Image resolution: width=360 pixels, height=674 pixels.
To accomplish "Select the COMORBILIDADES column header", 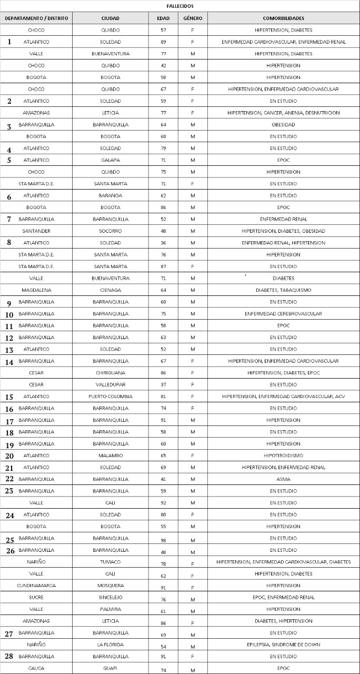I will pyautogui.click(x=283, y=18).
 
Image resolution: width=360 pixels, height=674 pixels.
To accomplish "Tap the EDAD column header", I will pyautogui.click(x=163, y=18).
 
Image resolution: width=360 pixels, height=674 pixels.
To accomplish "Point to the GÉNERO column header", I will pyautogui.click(x=193, y=18).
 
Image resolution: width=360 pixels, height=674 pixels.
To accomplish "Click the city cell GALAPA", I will pyautogui.click(x=110, y=160).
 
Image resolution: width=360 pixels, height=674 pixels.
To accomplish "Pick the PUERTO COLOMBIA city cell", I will pyautogui.click(x=110, y=397).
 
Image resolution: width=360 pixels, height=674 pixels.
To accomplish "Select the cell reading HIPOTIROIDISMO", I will pyautogui.click(x=283, y=455).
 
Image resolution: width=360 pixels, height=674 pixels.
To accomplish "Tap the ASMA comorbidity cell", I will pyautogui.click(x=283, y=479).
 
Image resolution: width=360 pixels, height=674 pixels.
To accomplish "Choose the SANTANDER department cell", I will pyautogui.click(x=36, y=231).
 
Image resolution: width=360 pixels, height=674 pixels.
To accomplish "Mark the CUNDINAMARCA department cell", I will pyautogui.click(x=36, y=586).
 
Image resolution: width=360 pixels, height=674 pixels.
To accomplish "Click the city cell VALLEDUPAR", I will pyautogui.click(x=110, y=384).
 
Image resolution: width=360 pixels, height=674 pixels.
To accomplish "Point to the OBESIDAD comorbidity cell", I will pyautogui.click(x=283, y=125).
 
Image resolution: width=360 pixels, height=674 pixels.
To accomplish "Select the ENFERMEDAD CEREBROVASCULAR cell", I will pyautogui.click(x=283, y=314).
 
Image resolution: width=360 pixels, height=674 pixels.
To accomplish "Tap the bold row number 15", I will pyautogui.click(x=9, y=397).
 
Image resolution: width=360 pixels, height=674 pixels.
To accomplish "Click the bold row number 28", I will pyautogui.click(x=9, y=657).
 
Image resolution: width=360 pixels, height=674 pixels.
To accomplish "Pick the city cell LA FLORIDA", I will pyautogui.click(x=110, y=645).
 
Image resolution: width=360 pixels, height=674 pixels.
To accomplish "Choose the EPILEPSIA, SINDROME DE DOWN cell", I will pyautogui.click(x=283, y=645).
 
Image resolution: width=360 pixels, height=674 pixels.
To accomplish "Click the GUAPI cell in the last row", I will pyautogui.click(x=110, y=668).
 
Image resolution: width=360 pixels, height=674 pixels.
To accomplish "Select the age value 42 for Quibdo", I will pyautogui.click(x=163, y=66).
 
